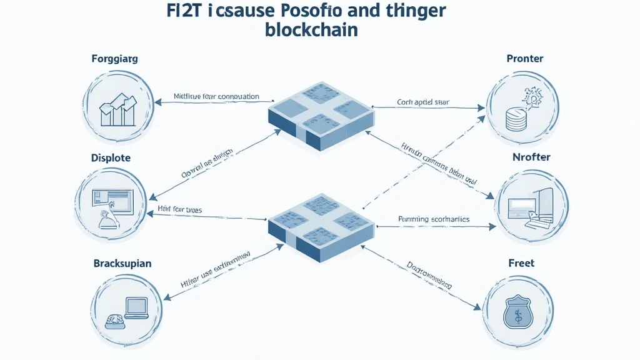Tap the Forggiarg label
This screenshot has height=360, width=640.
point(114,59)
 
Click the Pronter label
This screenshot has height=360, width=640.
point(525,59)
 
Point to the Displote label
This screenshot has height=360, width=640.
point(111,158)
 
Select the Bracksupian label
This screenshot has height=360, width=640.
point(122,263)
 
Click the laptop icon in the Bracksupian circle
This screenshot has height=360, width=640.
point(136,307)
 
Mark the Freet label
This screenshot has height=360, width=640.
point(521,263)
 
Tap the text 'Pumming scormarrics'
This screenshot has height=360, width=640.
point(434,219)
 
